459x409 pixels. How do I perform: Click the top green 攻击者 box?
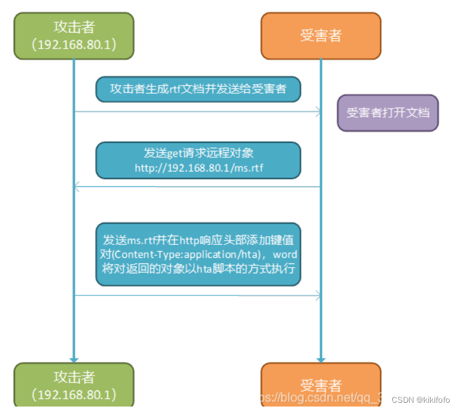74,36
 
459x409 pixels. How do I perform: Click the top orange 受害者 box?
321,36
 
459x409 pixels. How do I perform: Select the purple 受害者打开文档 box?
387,113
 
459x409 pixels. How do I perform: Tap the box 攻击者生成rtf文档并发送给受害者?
198,89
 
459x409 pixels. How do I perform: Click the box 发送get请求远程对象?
198,160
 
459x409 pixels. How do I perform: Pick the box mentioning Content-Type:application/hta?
198,254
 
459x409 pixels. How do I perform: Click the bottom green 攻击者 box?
74,385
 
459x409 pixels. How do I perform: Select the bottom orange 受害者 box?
321,386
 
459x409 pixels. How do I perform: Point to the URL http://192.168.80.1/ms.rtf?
199,167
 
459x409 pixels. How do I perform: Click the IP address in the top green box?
74,45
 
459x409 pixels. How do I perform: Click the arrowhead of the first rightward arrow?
318,112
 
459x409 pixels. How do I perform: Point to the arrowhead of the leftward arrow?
76,186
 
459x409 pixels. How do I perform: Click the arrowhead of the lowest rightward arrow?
318,295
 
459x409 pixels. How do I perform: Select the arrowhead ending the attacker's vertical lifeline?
74,358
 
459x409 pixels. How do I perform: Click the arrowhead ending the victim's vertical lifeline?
321,358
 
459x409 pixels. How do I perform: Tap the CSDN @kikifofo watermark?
423,399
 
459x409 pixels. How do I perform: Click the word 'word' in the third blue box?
285,254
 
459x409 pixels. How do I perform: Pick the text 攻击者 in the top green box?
74,27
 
